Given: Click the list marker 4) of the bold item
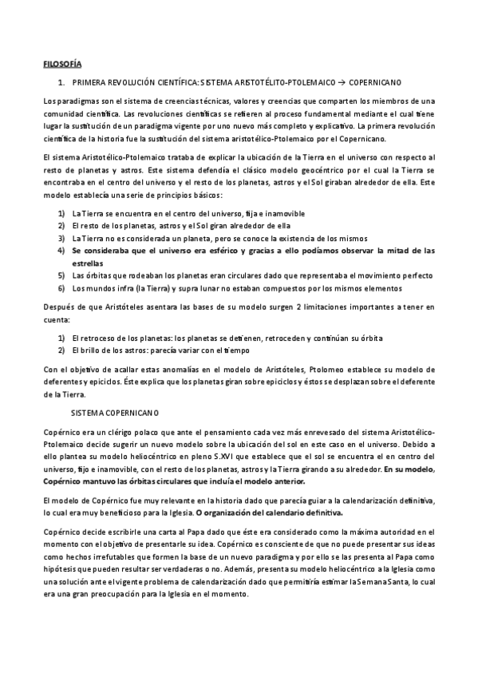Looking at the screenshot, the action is (61, 250).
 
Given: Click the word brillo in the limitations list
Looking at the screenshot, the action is (88, 350).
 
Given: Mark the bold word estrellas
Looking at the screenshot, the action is (88, 262).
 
